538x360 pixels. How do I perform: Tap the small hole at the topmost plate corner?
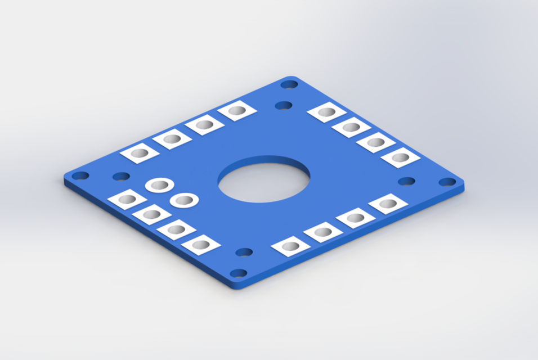[x=289, y=84]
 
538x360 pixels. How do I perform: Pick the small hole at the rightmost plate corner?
[x=447, y=182]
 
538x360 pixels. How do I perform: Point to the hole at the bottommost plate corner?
[x=239, y=273]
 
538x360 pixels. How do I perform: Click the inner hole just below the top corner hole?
[x=284, y=105]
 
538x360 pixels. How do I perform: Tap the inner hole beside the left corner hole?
[x=121, y=177]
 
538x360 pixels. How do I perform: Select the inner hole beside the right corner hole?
[x=406, y=181]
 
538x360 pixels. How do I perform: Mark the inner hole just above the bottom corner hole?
[x=244, y=252]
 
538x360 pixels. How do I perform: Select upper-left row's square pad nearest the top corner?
[x=237, y=111]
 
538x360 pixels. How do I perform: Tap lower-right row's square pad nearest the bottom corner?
[x=290, y=246]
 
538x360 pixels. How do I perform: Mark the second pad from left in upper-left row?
[x=172, y=138]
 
